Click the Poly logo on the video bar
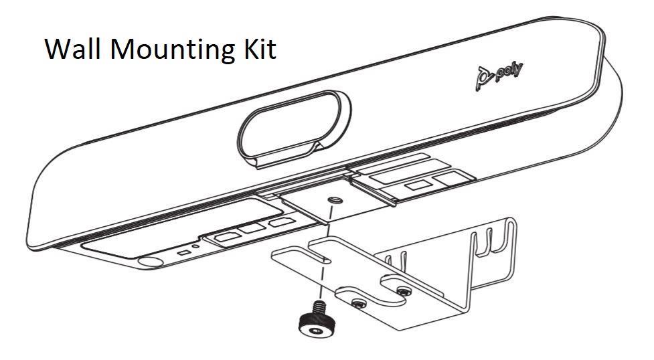click(x=499, y=74)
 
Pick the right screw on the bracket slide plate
click(x=402, y=290)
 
